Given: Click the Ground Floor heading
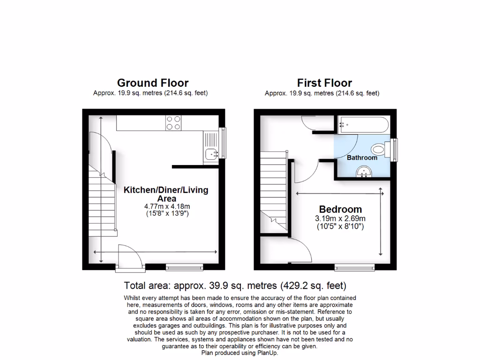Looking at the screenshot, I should [x=153, y=83].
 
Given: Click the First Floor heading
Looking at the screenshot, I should [x=324, y=83].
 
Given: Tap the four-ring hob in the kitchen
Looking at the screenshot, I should [x=173, y=122].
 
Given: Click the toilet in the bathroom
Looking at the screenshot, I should [x=378, y=150].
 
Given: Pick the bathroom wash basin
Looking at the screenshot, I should [x=364, y=173].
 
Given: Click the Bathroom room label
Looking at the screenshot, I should [x=362, y=158].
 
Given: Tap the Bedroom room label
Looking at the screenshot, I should [x=340, y=210].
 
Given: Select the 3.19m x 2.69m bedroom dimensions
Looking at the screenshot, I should [x=340, y=218].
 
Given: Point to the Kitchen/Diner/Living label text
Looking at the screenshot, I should [x=166, y=190].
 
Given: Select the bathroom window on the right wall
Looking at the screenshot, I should [x=396, y=149].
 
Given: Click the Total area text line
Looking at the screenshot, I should [x=235, y=285].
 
